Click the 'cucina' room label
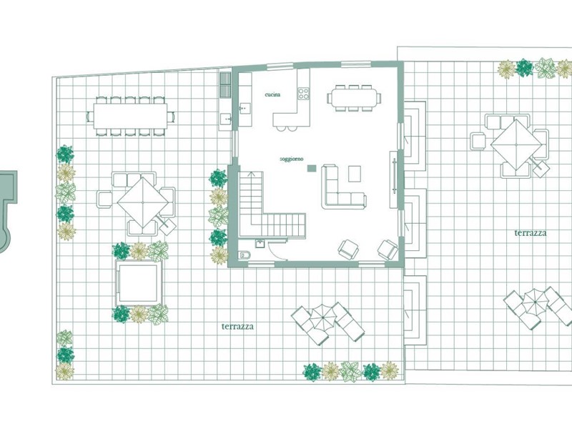(272, 94)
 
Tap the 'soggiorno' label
(292, 159)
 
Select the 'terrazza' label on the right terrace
(530, 233)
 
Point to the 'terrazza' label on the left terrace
(237, 326)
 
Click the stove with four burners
(302, 94)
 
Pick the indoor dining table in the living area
(354, 98)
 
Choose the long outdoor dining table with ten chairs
(130, 116)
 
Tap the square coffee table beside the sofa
(354, 174)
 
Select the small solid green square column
(312, 168)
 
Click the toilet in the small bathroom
(245, 255)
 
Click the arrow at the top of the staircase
(251, 174)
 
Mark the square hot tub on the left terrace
(139, 282)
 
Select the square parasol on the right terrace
(516, 145)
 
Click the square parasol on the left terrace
(143, 202)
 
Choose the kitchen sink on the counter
(245, 108)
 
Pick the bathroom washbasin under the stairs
(260, 243)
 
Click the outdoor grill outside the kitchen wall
(225, 84)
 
